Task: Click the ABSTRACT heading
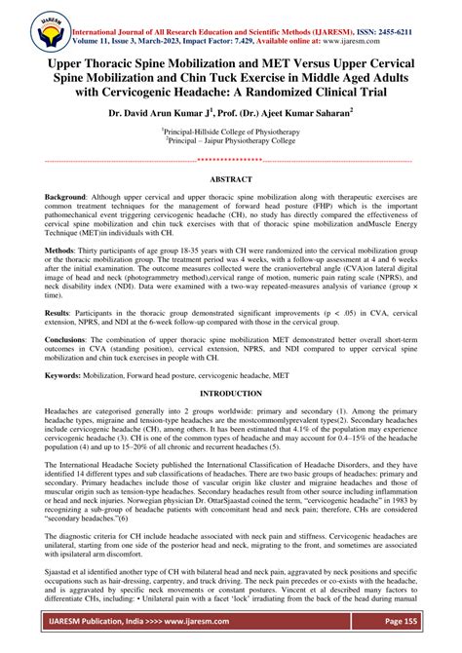point(231,179)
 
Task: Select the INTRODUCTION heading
point(231,392)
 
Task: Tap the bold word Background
point(65,197)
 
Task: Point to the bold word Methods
point(59,250)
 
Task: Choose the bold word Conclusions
point(67,340)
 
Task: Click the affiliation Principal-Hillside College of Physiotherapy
point(231,130)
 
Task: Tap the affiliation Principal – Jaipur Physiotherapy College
point(231,139)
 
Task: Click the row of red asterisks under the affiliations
point(231,160)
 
